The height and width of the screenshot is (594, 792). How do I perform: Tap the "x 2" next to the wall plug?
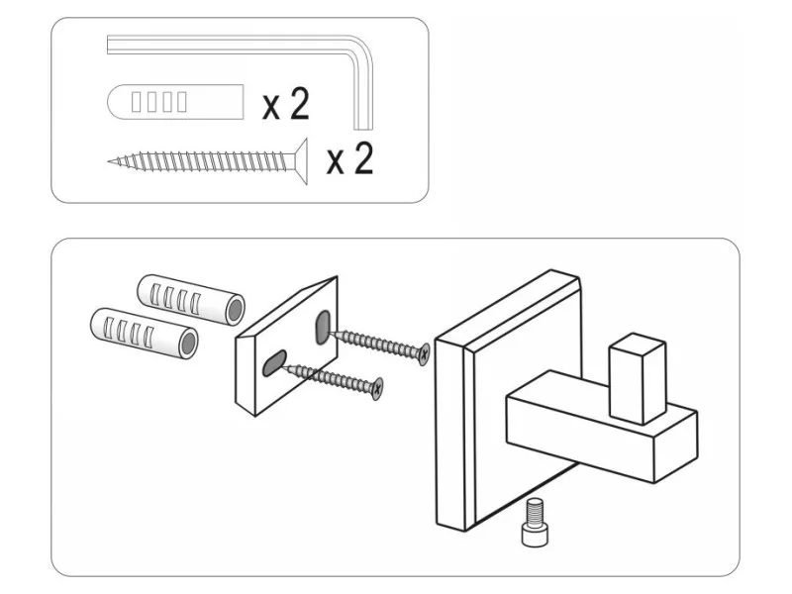click(x=285, y=103)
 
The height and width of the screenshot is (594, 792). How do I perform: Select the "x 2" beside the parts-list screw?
click(x=349, y=158)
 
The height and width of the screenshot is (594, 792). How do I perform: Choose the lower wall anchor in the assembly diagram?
click(x=145, y=333)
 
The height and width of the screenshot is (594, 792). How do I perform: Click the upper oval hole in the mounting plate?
click(x=324, y=327)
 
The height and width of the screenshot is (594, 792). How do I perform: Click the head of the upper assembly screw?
click(x=424, y=353)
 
